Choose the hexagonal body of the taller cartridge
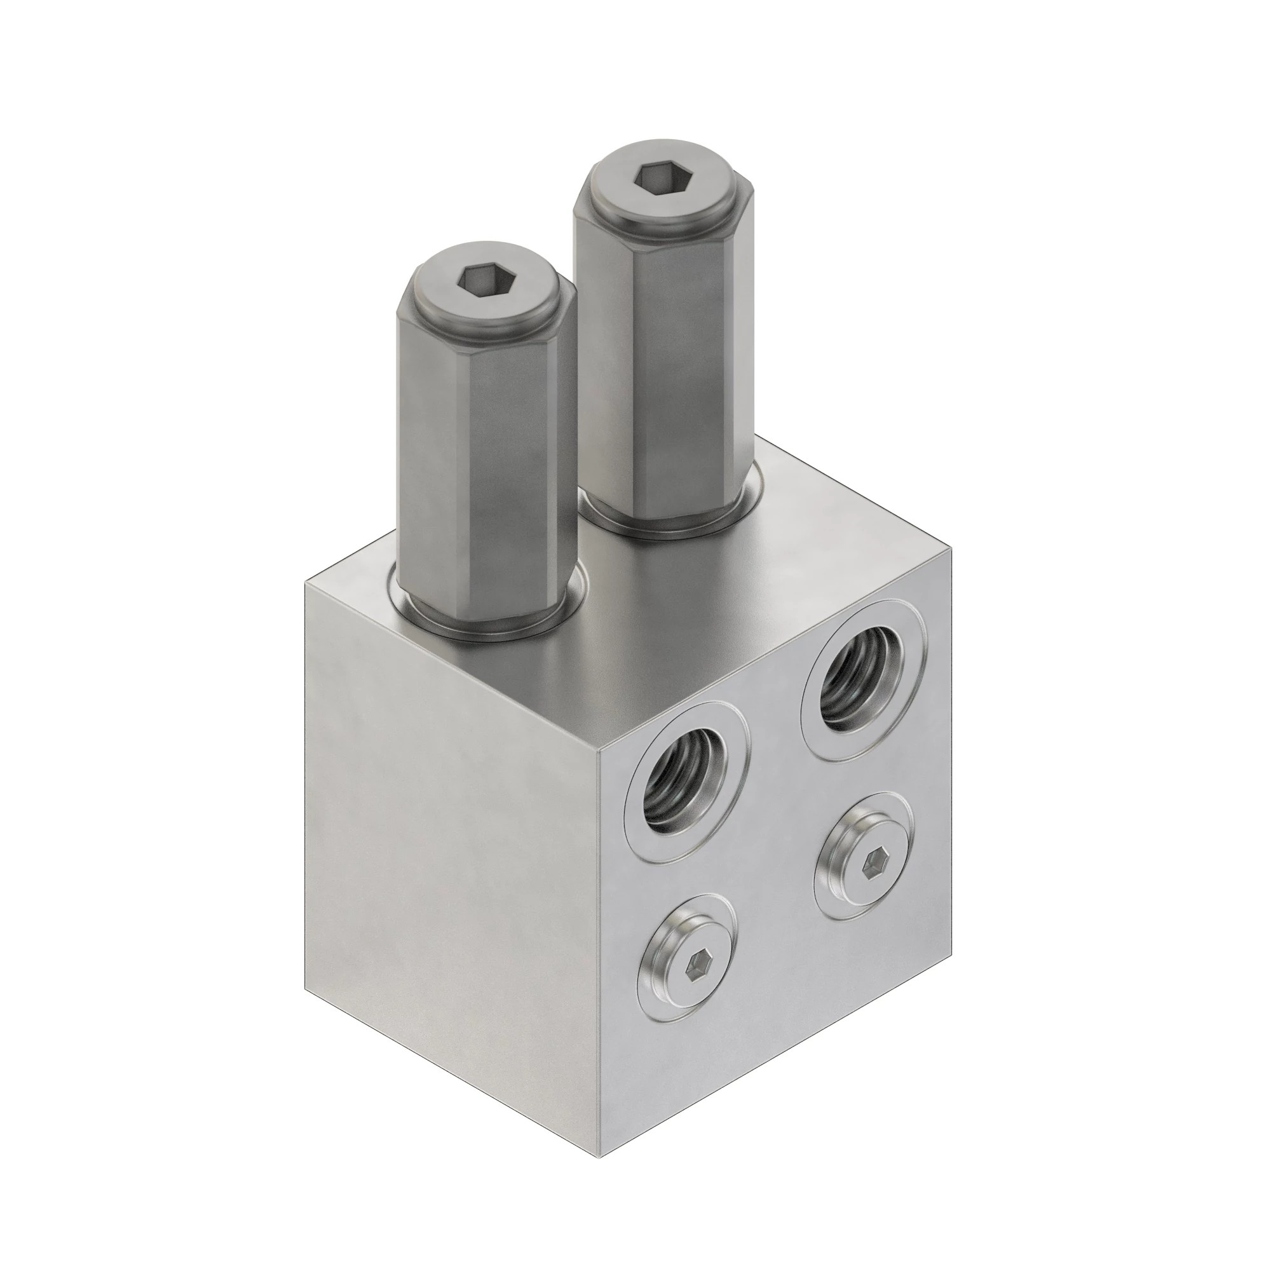pyautogui.click(x=665, y=369)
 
